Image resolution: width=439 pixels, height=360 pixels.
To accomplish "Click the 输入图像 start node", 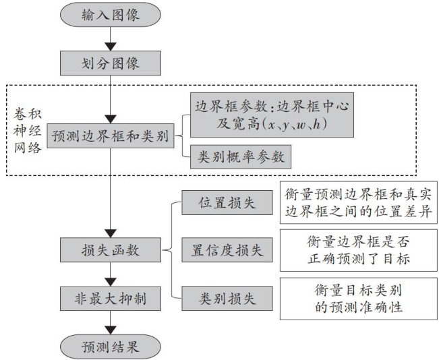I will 111,14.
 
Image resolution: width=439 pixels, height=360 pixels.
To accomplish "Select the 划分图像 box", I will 111,64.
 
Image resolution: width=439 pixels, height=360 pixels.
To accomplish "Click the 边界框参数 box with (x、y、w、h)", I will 272,115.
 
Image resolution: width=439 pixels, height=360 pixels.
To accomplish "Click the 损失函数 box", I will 111,249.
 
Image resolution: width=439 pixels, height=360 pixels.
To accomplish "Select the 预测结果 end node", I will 111,347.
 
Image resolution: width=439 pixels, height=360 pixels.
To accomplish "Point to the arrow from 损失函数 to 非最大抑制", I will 111,273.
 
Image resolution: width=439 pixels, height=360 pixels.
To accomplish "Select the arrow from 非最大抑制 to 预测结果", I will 111,322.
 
